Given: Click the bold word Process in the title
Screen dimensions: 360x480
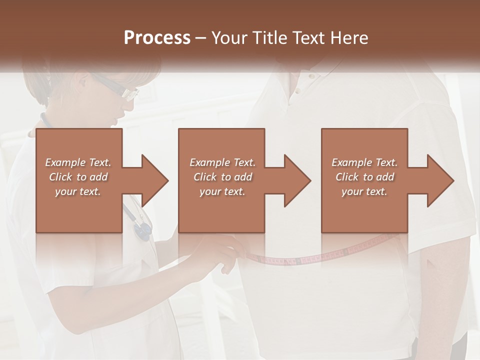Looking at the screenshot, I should (x=157, y=37).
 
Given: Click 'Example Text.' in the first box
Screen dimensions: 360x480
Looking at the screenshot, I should (x=78, y=162).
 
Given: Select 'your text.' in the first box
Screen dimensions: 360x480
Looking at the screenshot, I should (x=78, y=191).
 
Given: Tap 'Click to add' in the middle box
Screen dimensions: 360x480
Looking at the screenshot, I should (x=222, y=177).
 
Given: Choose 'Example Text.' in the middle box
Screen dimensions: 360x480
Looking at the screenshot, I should (x=222, y=162).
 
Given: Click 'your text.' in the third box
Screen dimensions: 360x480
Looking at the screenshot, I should (x=364, y=191).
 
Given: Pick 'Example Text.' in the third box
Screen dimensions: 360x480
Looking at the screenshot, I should (x=364, y=162).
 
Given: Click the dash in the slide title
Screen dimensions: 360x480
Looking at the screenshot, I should (x=200, y=38).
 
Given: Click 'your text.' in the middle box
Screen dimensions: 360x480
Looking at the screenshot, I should (x=222, y=191).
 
